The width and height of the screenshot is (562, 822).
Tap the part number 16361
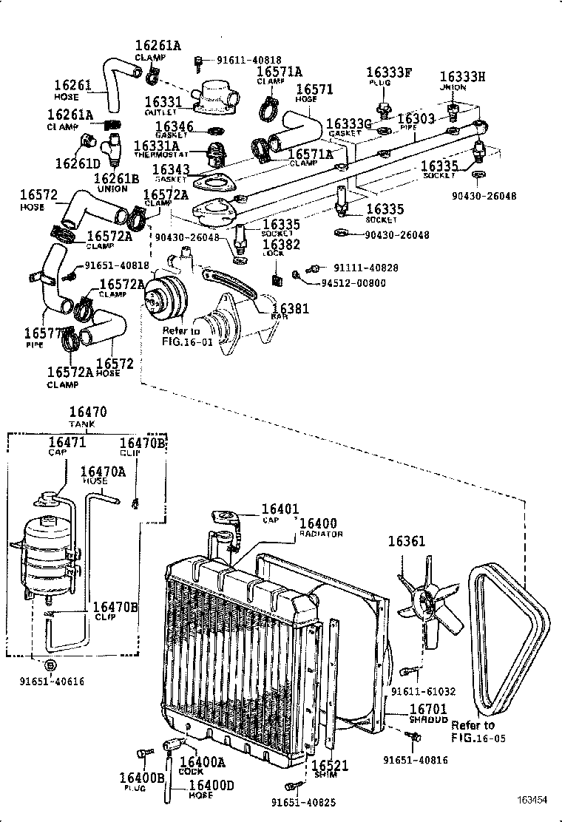[x=407, y=542]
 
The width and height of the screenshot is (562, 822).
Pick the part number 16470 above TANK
[x=88, y=413]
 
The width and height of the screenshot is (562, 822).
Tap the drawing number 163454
[x=532, y=800]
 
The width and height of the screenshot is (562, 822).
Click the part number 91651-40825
[x=302, y=804]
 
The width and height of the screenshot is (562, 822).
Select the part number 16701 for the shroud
[x=429, y=709]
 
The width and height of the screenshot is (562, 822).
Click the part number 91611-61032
[x=423, y=692]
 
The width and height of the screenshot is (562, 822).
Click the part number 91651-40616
[x=51, y=681]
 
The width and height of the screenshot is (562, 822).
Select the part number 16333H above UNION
[x=462, y=77]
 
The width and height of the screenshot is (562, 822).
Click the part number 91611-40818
[x=238, y=60]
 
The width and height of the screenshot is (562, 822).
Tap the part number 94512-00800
[x=353, y=282]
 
